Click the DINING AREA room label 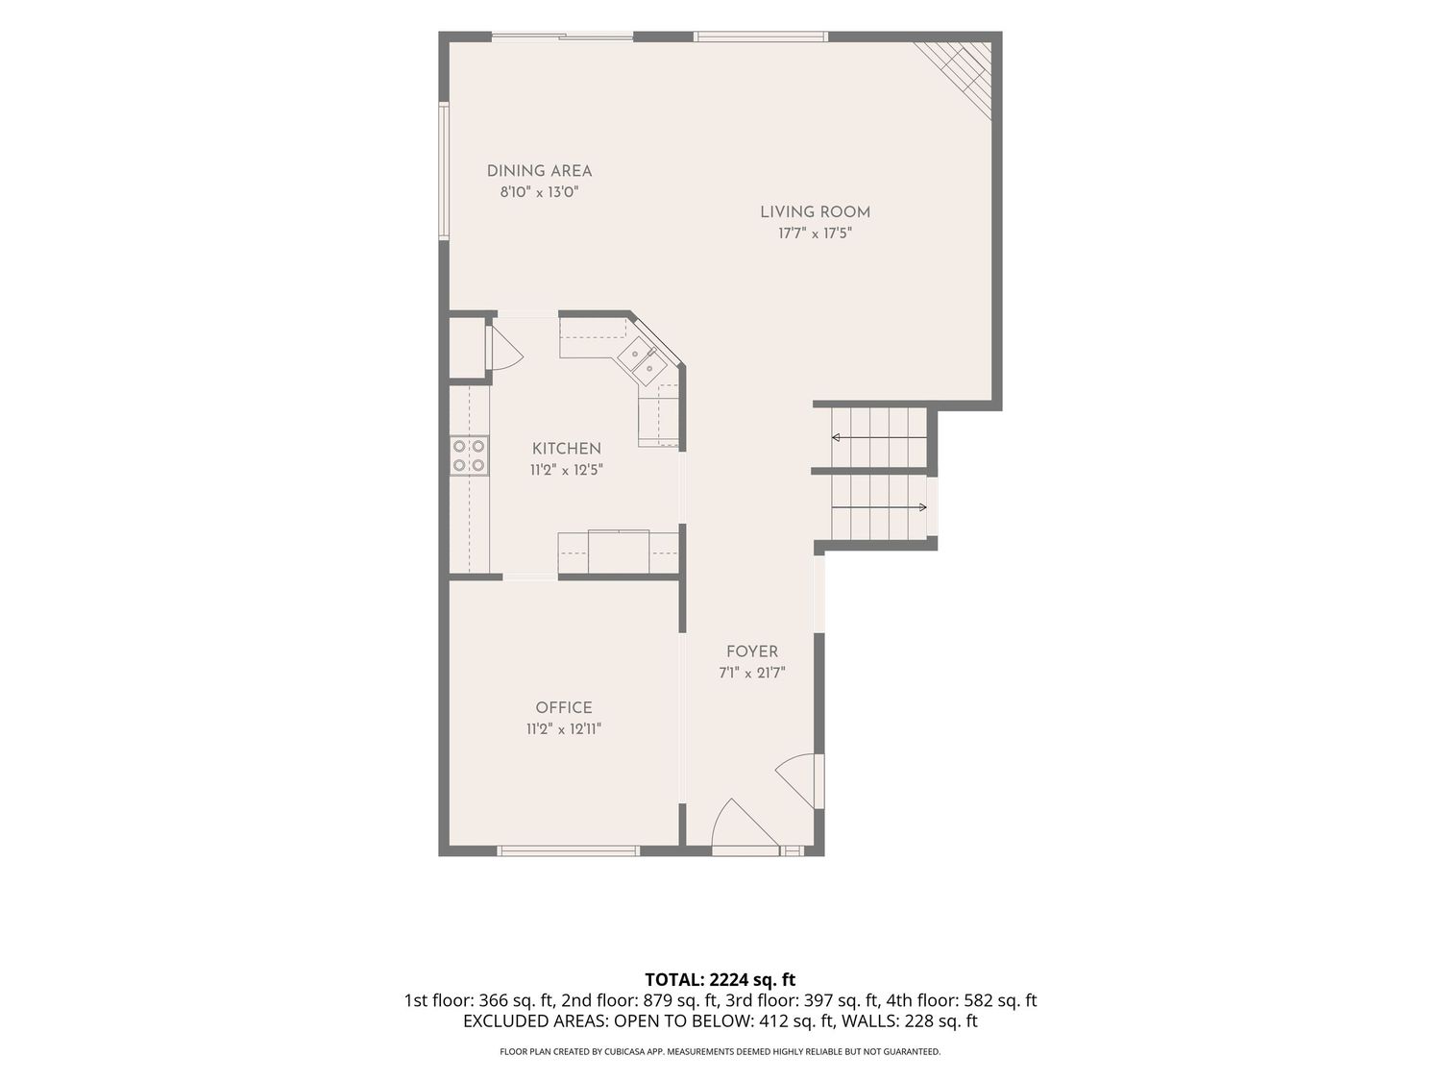(x=539, y=171)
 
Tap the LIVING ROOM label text (x=815, y=212)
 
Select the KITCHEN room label (x=566, y=449)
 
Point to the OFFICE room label (x=563, y=707)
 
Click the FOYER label (x=751, y=651)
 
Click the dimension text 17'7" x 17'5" (x=815, y=233)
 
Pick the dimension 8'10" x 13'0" (x=539, y=192)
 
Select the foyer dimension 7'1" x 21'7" (x=751, y=673)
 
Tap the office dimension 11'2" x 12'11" (x=563, y=728)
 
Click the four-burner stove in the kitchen (x=469, y=455)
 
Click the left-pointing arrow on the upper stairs (x=879, y=437)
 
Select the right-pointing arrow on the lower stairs (x=879, y=506)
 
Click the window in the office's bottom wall (x=568, y=851)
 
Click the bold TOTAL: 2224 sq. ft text (x=720, y=980)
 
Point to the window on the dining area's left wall (x=445, y=170)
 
